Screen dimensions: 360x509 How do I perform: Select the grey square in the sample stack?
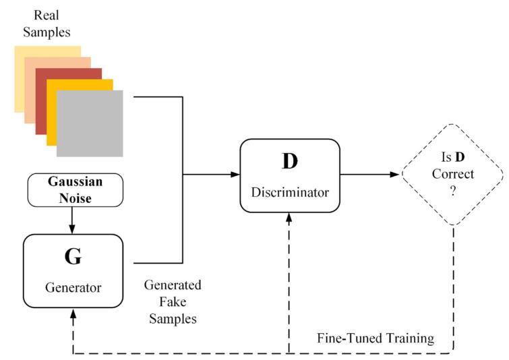point(90,123)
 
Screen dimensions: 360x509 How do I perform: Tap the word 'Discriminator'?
point(291,193)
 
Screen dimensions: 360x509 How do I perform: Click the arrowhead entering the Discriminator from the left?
point(235,175)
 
